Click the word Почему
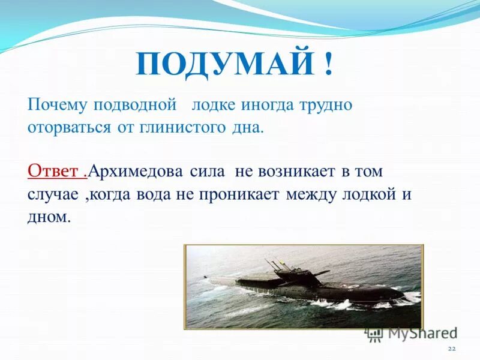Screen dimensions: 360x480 coord(57,105)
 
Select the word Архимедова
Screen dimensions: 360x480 coord(135,172)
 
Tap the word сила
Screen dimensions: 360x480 coord(207,171)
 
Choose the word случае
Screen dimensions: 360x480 coord(52,194)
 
